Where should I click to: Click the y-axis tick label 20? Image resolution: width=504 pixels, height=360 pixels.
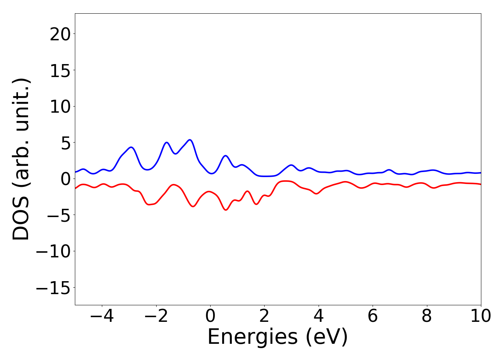tap(60, 34)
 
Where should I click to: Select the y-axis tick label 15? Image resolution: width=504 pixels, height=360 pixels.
tap(60, 71)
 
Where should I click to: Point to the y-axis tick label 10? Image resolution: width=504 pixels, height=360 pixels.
tap(60, 107)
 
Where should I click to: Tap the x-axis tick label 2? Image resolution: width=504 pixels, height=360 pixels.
tap(264, 316)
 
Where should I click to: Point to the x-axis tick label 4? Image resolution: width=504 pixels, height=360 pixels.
tap(319, 316)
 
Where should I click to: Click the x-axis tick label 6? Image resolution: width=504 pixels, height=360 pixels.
tap(373, 316)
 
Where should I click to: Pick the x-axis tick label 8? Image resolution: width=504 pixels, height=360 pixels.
tap(427, 316)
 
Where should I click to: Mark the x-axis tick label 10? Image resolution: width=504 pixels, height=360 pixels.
tap(480, 316)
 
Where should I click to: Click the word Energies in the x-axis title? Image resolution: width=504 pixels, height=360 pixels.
tap(252, 337)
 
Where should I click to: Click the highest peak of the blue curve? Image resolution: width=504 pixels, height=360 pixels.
tap(190, 140)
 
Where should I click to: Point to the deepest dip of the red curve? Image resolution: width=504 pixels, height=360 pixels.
tap(226, 210)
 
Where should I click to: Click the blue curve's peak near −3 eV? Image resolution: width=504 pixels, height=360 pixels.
tap(131, 147)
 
